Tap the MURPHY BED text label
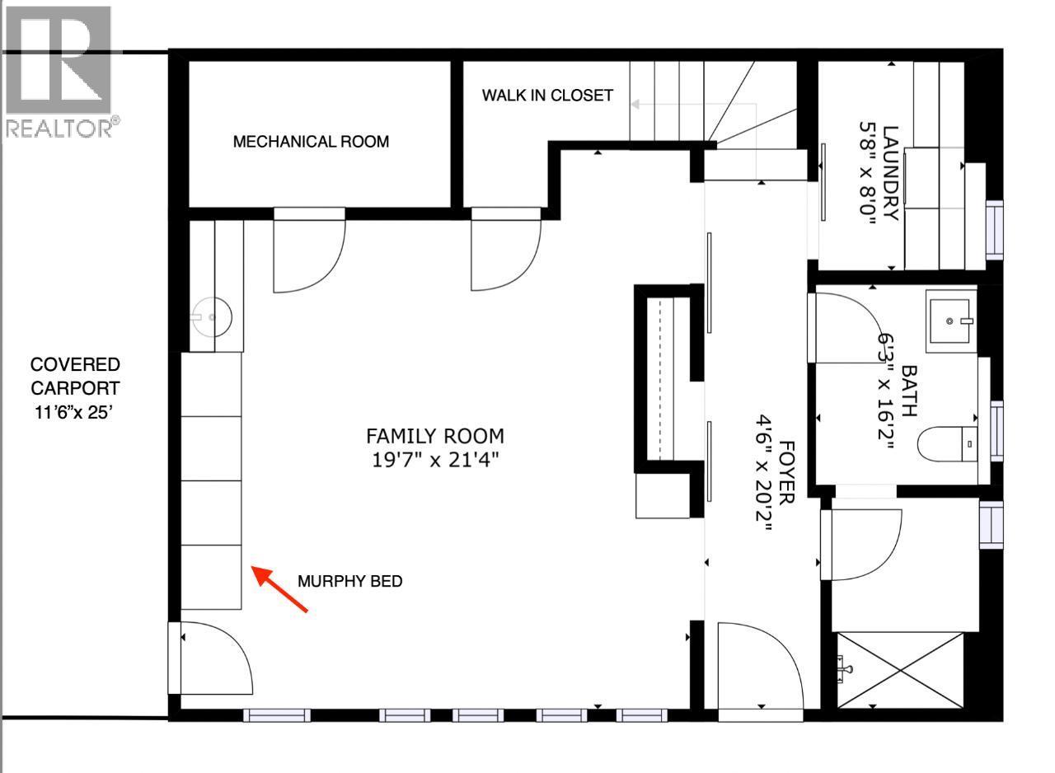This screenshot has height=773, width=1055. [350, 582]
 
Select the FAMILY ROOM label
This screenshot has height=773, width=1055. [435, 435]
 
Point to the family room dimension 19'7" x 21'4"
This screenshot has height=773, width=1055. [435, 459]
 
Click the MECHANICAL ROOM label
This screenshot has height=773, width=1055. [311, 142]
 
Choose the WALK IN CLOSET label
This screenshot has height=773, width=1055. [547, 96]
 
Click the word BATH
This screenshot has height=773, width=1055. [908, 391]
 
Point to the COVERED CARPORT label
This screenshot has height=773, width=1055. [75, 376]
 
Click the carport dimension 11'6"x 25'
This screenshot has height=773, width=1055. [75, 411]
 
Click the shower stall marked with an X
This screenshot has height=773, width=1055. [900, 670]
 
